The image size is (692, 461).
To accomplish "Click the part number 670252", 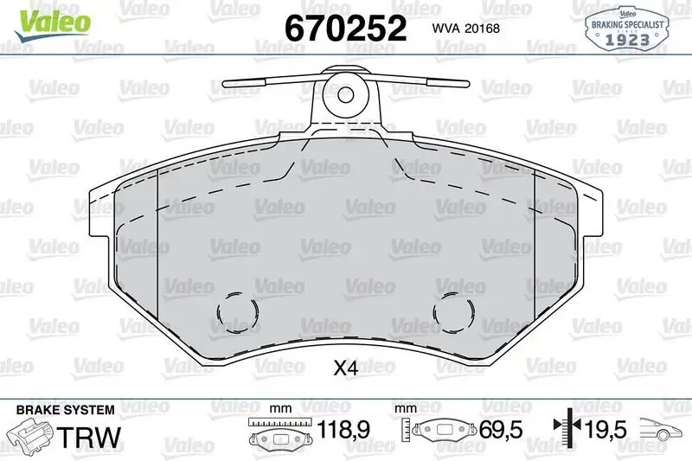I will pos(345,29).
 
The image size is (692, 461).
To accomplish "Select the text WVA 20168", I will pos(460,27).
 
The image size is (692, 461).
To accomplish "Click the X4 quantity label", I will pos(346,368).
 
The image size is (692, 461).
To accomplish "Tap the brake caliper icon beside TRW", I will pos(30,432).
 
